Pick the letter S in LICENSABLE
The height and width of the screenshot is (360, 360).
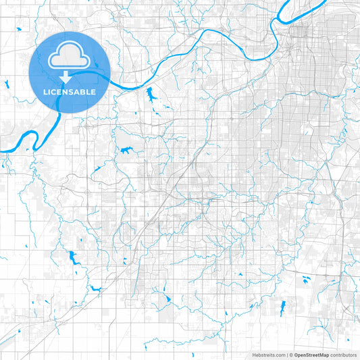click(72, 91)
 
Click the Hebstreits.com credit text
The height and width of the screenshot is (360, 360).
click(269, 355)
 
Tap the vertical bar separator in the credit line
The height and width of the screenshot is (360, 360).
click(288, 355)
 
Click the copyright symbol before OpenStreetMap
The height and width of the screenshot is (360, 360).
click(292, 355)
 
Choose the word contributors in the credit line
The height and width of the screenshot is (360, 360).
click(343, 355)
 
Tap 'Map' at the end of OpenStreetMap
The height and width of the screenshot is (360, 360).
click(324, 355)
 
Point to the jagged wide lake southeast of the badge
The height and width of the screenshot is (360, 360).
click(126, 151)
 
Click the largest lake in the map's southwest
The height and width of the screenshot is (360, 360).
click(72, 257)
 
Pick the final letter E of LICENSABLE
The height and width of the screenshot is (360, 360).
click(94, 91)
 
